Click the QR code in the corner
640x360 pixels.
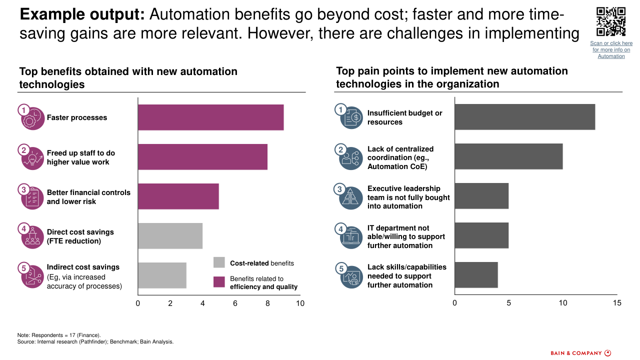pos(611,21)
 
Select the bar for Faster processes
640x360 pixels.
pos(210,117)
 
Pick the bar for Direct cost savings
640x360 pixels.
pos(170,236)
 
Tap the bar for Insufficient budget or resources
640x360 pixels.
pos(524,117)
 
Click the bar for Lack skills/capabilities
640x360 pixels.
pos(476,275)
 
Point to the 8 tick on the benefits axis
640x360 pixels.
pos(267,303)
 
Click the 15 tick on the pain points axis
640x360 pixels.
pos(617,303)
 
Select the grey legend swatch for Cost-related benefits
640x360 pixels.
pos(219,262)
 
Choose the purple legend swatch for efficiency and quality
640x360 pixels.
pos(219,282)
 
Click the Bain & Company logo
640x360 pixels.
pos(580,353)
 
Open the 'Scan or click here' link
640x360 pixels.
pos(611,49)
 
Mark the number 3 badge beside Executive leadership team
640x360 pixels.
pos(340,189)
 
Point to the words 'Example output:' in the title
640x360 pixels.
pos(82,15)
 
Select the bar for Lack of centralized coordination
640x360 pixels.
pos(508,156)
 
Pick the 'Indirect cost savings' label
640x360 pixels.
pos(83,267)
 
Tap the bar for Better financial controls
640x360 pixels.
pos(178,196)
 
